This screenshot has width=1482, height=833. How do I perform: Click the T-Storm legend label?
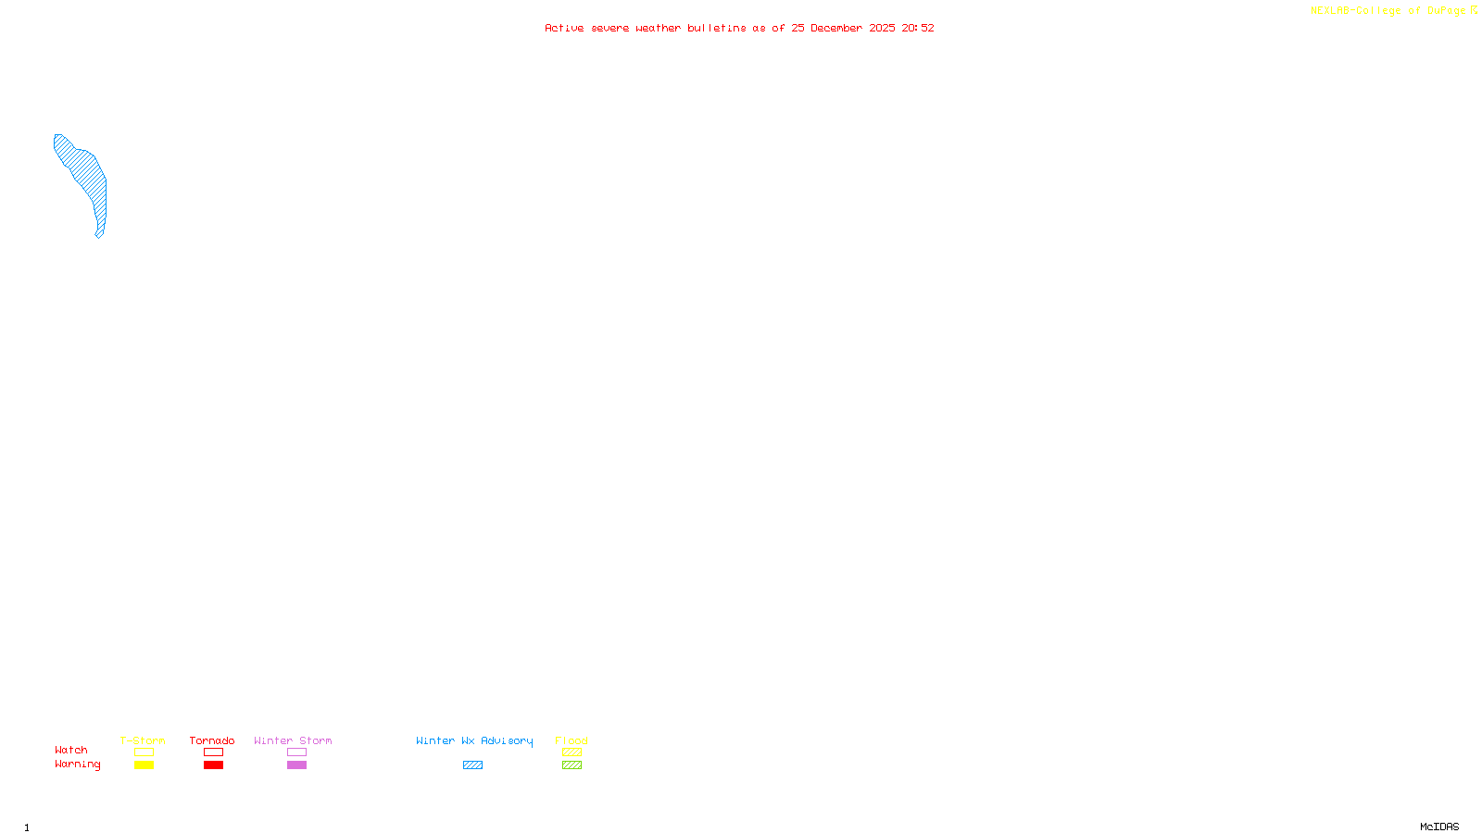(x=143, y=740)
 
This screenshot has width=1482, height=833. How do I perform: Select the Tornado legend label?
(x=212, y=740)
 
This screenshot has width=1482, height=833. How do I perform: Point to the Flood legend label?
(x=571, y=740)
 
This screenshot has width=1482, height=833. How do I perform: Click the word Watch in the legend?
(x=71, y=750)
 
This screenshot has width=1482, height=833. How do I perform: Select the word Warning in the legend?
(x=78, y=765)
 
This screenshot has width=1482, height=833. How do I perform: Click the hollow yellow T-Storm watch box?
(x=144, y=752)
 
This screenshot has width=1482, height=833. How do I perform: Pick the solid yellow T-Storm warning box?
(x=144, y=765)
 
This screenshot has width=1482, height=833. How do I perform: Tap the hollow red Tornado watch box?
(x=213, y=752)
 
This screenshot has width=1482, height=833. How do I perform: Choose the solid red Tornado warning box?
(x=213, y=765)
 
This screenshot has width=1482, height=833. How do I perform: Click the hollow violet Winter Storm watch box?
(x=296, y=752)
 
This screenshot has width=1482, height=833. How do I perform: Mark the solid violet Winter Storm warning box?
(x=296, y=765)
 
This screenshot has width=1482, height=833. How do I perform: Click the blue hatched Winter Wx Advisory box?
(x=472, y=765)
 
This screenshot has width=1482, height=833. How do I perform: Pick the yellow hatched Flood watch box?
(x=571, y=752)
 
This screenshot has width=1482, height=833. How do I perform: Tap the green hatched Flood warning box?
(x=571, y=765)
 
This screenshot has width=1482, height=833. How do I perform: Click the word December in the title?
(x=836, y=28)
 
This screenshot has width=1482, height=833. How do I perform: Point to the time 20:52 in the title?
(x=918, y=28)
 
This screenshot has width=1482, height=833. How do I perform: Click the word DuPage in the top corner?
(x=1446, y=11)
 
